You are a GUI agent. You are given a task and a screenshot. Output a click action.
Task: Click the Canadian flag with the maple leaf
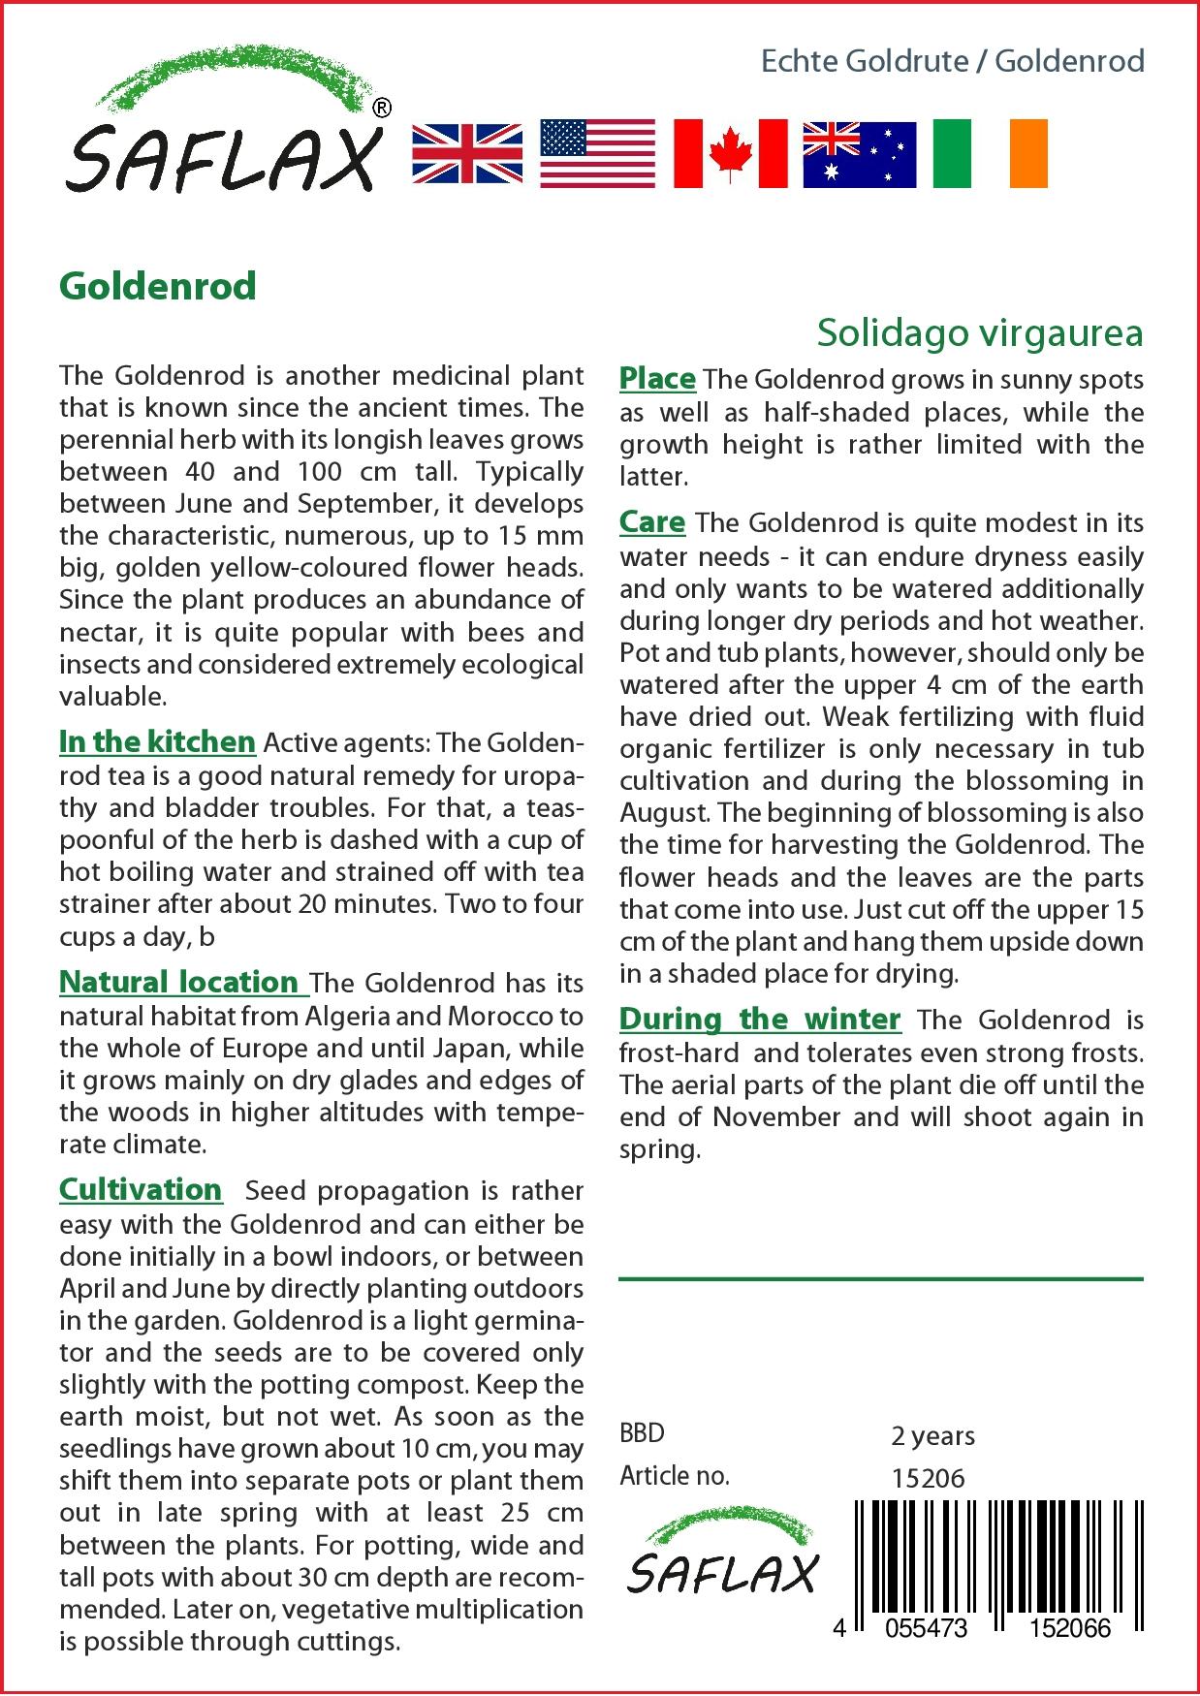(730, 153)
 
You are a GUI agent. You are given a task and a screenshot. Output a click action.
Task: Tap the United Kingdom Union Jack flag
(467, 153)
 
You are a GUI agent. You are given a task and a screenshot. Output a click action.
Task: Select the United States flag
(598, 153)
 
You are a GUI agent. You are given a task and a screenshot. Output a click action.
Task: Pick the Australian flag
(859, 154)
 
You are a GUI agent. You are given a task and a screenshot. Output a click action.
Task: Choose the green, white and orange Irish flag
(990, 153)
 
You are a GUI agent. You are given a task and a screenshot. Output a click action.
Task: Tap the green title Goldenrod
(158, 286)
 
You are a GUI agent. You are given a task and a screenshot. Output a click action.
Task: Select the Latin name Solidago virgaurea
(979, 332)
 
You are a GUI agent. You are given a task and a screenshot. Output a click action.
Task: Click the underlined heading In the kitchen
(157, 742)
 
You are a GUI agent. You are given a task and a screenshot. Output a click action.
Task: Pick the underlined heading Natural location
(182, 983)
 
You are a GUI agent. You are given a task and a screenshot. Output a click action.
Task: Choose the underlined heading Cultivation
(141, 1190)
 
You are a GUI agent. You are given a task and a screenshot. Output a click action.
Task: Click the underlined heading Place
(657, 379)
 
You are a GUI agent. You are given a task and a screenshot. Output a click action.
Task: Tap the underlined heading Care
(652, 522)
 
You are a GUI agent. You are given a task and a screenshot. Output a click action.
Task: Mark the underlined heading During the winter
(760, 1020)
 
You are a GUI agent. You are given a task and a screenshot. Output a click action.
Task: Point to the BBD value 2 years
(932, 1435)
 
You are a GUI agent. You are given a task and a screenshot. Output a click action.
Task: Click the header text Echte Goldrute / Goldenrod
(952, 61)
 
